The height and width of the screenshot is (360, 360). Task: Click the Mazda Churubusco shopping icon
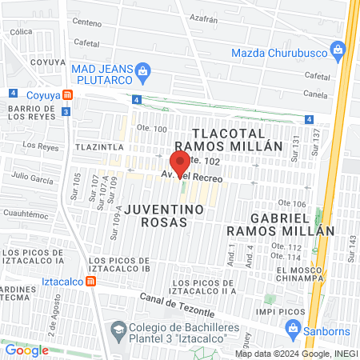click(338, 53)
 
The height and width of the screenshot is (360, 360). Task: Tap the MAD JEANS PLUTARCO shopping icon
click(142, 70)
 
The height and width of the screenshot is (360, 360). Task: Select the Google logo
click(26, 350)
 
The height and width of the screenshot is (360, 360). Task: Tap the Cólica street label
click(21, 32)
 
